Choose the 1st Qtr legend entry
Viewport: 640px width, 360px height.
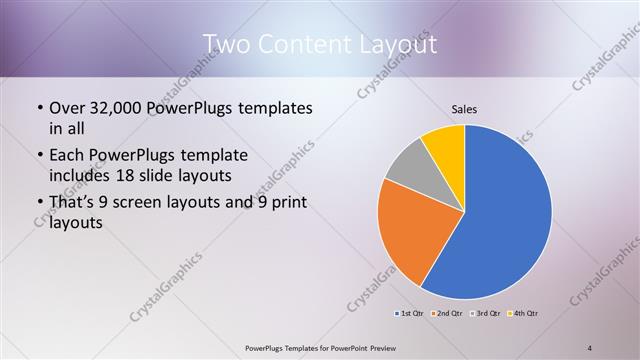click(x=410, y=314)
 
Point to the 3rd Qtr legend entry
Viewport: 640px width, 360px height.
click(x=487, y=314)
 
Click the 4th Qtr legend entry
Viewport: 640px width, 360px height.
click(x=524, y=314)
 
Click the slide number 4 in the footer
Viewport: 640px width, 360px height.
click(x=590, y=347)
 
